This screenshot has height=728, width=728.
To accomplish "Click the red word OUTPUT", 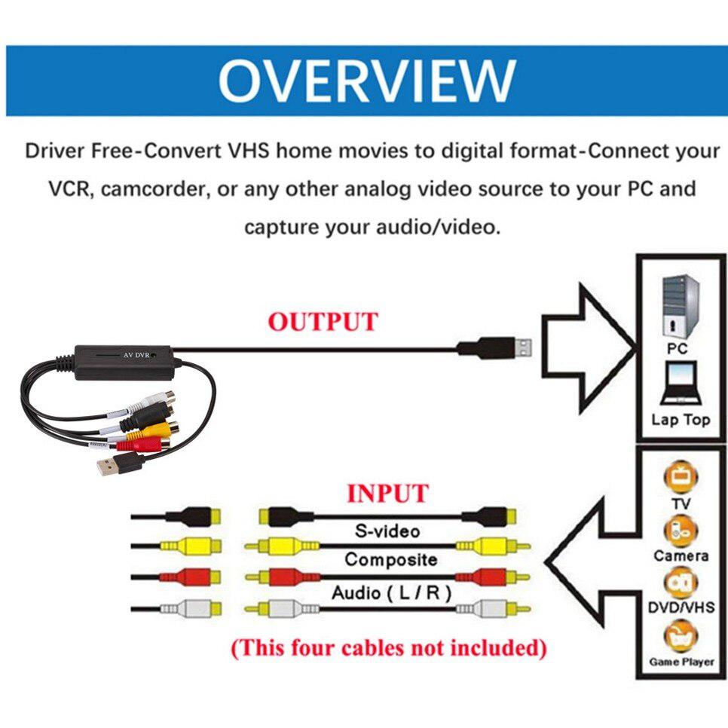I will pos(323,322).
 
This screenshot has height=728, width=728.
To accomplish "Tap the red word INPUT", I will pos(387,494).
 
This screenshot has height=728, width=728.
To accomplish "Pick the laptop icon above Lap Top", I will pos(680,384).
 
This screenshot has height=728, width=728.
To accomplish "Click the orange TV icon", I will pos(681,476).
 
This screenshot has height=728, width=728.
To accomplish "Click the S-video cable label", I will pos(387,531).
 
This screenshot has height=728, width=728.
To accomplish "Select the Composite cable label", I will pos(390,560).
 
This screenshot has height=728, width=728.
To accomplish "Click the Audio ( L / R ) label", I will pos(391,593).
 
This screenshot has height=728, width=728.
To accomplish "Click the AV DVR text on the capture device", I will pos(137,354).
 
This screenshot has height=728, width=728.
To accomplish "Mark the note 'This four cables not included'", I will pos(388,647).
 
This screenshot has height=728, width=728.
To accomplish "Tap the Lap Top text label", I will pos(681,420).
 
